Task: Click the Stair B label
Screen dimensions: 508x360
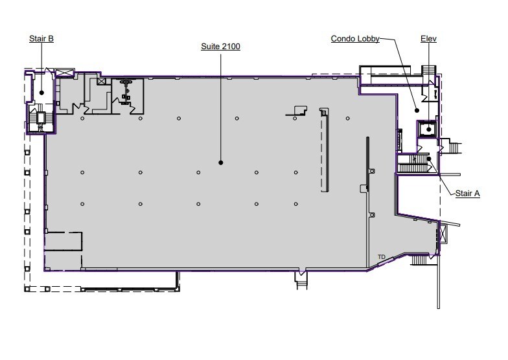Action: (x=41, y=39)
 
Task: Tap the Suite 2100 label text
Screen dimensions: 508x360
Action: (x=220, y=47)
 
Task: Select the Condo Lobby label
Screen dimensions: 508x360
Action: (x=355, y=39)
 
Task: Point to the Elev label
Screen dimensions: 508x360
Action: (x=428, y=39)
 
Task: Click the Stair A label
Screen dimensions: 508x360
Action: (x=467, y=194)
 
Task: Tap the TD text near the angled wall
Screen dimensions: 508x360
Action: (x=381, y=256)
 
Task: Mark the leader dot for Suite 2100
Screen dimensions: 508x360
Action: (x=220, y=163)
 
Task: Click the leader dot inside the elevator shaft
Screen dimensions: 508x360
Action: (x=429, y=129)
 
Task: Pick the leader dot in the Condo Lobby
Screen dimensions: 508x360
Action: (x=417, y=110)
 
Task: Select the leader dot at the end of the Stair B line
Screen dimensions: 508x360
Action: (x=41, y=93)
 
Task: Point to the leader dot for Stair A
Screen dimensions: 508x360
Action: (x=429, y=159)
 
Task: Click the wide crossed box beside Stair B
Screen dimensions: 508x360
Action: (x=65, y=73)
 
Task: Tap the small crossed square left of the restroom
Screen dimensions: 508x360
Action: (x=101, y=82)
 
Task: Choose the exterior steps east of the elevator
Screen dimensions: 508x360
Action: (x=454, y=148)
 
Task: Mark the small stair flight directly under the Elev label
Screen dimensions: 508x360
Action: (x=429, y=70)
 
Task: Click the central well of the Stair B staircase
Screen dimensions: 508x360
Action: (x=41, y=118)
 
